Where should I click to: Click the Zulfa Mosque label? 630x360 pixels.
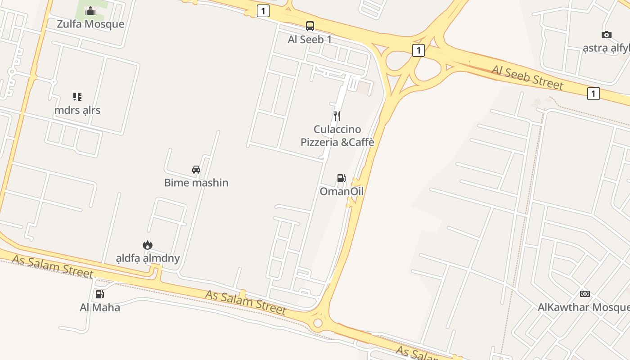(x=90, y=24)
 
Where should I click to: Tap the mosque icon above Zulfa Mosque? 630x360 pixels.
(x=90, y=11)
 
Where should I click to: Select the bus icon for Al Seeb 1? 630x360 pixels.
(x=310, y=26)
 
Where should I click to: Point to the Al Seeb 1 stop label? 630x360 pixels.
(x=310, y=40)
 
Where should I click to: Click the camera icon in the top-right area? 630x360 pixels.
(x=607, y=35)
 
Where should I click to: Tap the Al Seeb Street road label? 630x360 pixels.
(x=527, y=77)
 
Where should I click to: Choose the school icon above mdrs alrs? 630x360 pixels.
(x=77, y=97)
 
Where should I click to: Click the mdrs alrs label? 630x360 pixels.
(x=77, y=110)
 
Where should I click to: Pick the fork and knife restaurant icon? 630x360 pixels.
(x=337, y=116)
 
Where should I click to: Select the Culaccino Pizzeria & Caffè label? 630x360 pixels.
(x=337, y=136)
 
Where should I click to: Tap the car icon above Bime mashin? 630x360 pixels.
(x=196, y=170)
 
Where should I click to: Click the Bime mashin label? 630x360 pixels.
(x=196, y=183)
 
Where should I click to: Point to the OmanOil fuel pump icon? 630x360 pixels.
(x=342, y=178)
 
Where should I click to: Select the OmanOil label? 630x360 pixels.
(x=342, y=192)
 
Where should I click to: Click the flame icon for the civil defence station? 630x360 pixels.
(x=148, y=245)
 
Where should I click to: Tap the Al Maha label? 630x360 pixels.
(x=100, y=308)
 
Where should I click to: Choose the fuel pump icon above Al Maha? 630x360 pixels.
(x=100, y=294)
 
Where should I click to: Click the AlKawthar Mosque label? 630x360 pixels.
(x=584, y=307)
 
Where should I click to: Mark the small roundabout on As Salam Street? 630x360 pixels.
(x=318, y=323)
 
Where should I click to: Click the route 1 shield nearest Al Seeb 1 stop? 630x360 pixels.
(x=263, y=11)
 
